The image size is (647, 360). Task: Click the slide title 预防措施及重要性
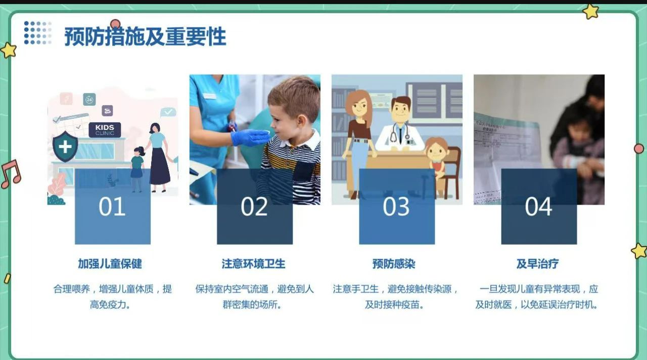(145, 36)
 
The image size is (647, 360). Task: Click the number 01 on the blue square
(112, 207)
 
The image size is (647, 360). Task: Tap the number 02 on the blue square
(254, 207)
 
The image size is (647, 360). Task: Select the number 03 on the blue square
(396, 207)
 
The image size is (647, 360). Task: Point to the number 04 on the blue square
(538, 207)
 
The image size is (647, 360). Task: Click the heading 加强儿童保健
(110, 263)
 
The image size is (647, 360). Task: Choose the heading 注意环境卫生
(253, 263)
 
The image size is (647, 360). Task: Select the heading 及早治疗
(537, 263)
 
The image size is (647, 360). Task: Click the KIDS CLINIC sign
(105, 129)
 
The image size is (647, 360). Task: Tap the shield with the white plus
(65, 147)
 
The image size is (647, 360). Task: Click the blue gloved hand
(249, 137)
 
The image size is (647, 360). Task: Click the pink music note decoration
(10, 173)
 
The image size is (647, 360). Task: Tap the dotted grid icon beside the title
(37, 32)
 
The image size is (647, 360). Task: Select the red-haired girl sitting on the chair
(436, 157)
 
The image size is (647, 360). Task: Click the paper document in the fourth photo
(505, 152)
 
